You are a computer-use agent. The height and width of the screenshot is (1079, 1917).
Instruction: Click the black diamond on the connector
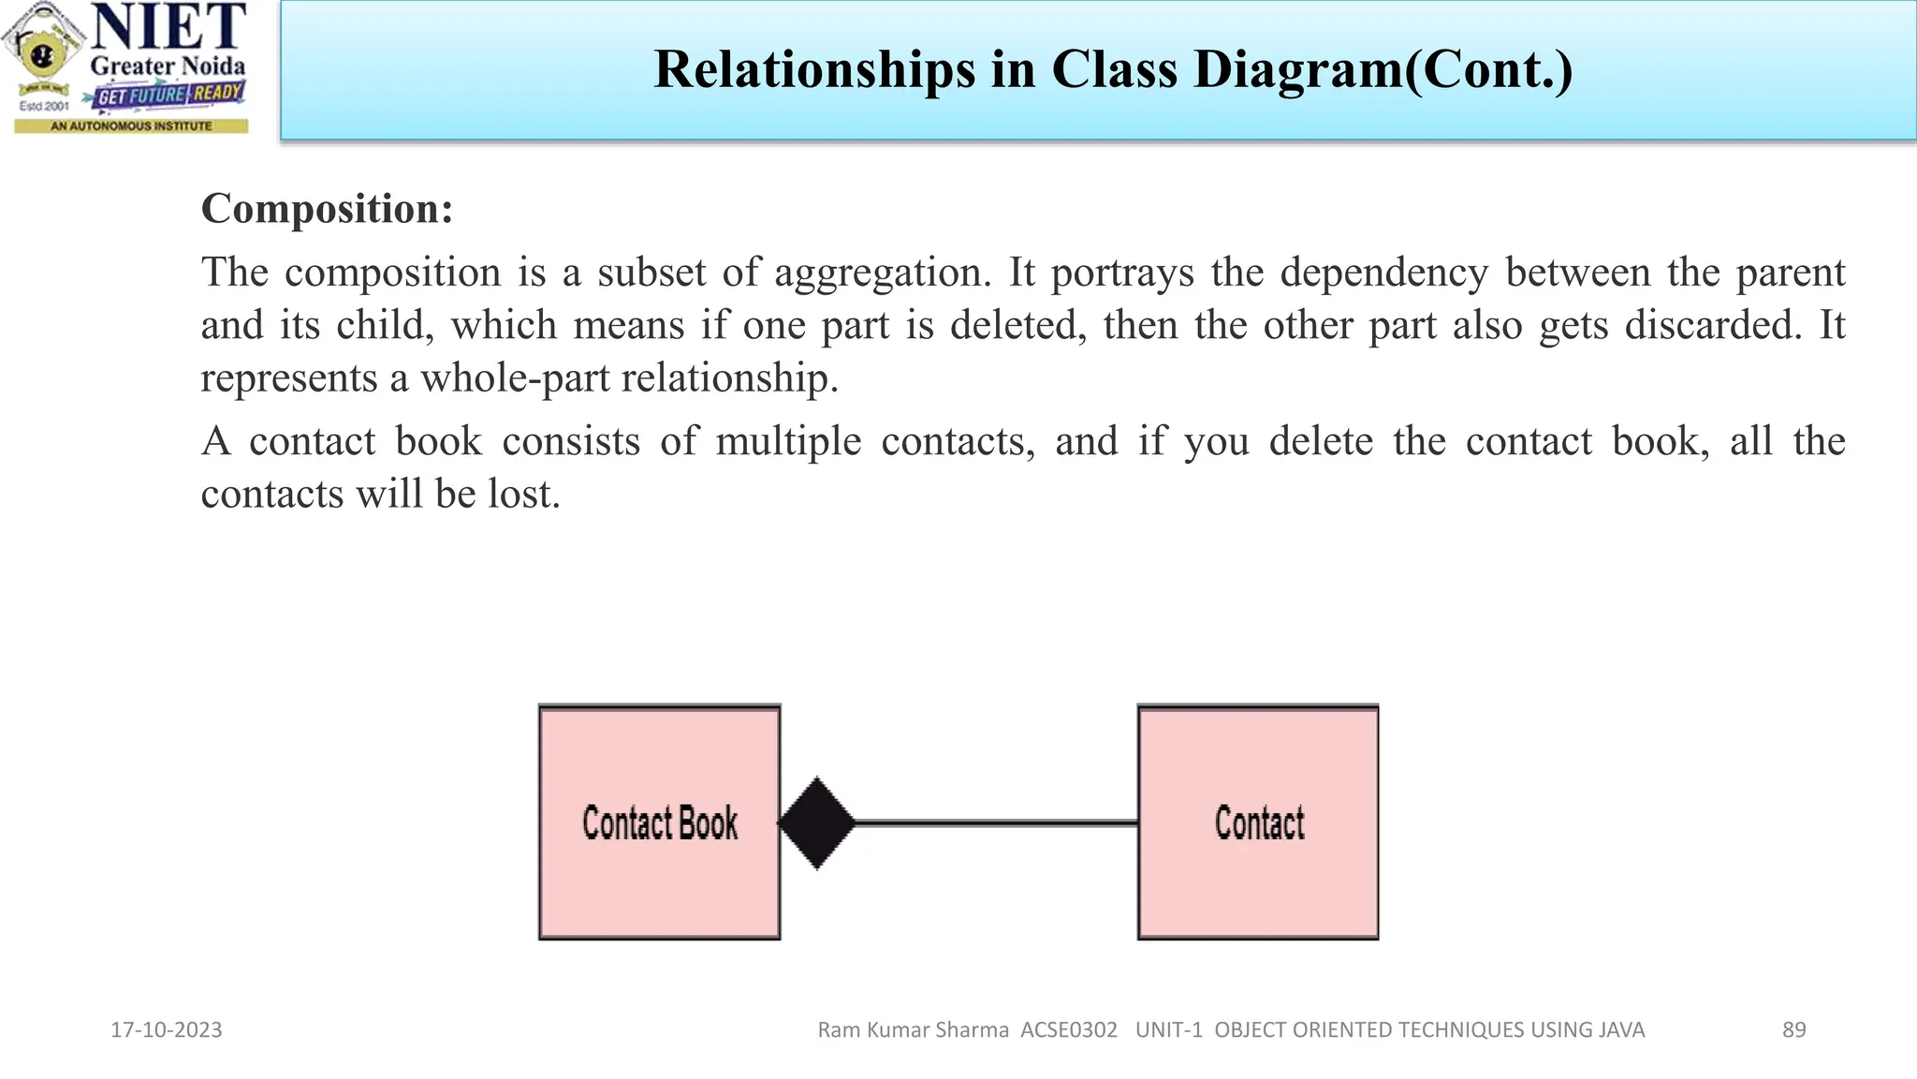point(817,823)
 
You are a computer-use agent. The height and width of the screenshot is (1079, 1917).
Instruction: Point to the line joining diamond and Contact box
point(997,823)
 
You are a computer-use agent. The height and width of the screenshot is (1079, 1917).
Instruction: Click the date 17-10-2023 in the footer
point(167,1030)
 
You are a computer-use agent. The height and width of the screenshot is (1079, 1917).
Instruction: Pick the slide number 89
point(1793,1030)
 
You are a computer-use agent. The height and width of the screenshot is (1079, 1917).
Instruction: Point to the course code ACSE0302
point(1069,1030)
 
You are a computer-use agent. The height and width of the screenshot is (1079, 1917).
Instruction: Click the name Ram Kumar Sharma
point(913,1030)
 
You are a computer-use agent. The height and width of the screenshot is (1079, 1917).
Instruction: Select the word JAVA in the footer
point(1621,1030)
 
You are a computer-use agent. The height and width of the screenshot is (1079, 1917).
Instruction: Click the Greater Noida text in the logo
point(168,67)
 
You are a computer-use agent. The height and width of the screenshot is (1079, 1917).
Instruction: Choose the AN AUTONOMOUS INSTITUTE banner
point(131,126)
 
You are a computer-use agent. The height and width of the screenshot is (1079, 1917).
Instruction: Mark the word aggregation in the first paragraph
point(882,273)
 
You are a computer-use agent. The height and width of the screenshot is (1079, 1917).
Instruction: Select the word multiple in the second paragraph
point(788,441)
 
